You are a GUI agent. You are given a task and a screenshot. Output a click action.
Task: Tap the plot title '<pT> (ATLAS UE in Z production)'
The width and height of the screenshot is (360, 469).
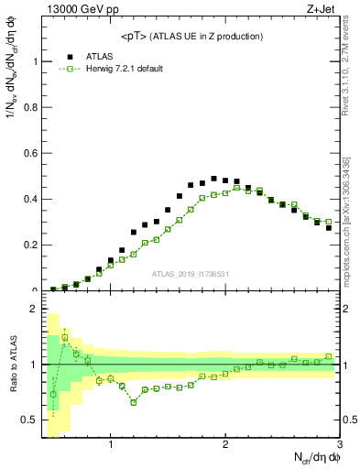[191, 36]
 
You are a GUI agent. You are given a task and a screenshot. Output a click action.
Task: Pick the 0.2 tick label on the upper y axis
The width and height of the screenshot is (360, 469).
[32, 245]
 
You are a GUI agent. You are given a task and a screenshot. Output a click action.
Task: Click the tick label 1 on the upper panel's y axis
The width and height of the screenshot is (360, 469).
[36, 61]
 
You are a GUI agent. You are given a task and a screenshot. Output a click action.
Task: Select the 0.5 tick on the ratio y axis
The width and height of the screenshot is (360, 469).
[30, 420]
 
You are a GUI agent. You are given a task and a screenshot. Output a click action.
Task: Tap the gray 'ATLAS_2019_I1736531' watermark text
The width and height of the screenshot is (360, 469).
[191, 275]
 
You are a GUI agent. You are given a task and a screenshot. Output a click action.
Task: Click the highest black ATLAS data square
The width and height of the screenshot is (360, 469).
[213, 179]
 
